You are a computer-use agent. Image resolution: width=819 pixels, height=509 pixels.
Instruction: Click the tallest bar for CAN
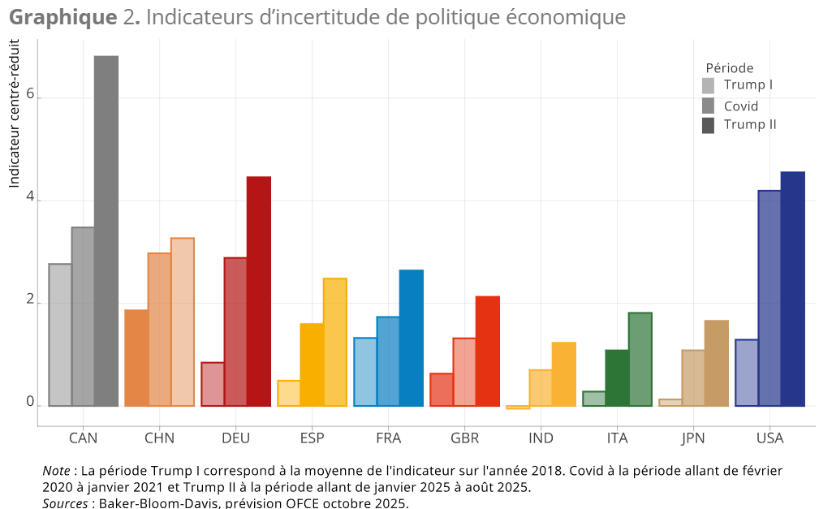pos(106,231)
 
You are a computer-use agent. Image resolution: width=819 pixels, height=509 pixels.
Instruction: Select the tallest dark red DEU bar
pos(259,291)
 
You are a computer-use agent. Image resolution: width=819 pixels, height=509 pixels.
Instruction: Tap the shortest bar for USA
pos(747,373)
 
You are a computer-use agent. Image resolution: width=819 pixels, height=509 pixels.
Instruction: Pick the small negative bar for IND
pos(518,408)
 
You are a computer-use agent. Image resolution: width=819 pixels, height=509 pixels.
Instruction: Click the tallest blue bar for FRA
pos(412,338)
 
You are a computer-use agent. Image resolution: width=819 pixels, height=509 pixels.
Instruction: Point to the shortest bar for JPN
pos(670,402)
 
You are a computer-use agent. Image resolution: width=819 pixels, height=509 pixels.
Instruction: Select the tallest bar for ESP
pos(335,342)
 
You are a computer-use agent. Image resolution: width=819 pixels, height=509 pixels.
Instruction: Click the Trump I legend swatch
pos(708,85)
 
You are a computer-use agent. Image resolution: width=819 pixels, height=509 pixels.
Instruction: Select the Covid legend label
pos(740,106)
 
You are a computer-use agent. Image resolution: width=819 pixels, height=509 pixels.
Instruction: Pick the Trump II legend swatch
pos(708,125)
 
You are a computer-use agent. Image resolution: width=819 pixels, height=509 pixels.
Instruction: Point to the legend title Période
pos(729,68)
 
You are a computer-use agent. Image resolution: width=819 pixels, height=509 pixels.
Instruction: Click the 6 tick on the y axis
pos(30,95)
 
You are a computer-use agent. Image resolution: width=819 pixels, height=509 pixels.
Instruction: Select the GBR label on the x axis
pos(464,438)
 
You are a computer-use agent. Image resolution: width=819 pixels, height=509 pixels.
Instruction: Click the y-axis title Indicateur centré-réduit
pos(14,114)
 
